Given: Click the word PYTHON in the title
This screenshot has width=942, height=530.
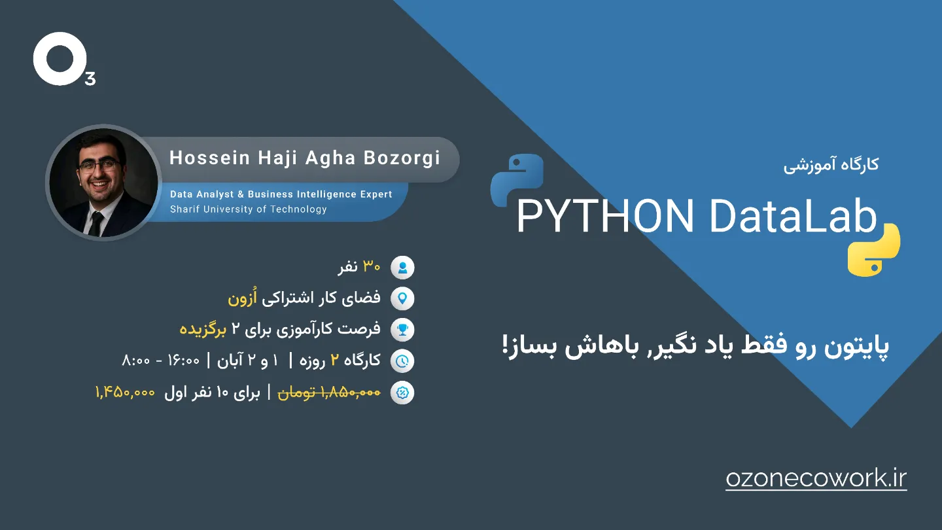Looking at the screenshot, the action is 605,217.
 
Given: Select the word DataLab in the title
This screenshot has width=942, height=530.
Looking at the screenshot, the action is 793,216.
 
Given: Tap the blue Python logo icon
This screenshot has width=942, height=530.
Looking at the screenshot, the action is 517,180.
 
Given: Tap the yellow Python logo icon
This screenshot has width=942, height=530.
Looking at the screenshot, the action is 874,250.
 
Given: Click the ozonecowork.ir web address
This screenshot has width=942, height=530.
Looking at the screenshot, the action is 816,479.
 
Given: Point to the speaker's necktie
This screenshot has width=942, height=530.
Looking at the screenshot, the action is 96,223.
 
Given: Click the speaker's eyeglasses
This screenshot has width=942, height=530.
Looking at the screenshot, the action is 99,165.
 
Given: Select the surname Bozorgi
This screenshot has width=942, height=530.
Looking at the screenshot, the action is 402,158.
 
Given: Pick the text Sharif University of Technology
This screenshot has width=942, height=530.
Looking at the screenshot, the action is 248,209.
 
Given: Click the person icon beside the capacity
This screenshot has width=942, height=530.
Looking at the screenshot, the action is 402,268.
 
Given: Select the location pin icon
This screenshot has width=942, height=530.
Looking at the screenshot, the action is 402,298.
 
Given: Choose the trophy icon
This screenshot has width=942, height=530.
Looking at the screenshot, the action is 402,330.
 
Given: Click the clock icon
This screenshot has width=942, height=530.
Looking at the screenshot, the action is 402,361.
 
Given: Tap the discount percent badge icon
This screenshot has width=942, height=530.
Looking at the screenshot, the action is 402,393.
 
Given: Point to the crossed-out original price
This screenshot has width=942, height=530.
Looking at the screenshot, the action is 329,393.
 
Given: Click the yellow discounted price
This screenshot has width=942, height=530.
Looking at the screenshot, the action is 126,393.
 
